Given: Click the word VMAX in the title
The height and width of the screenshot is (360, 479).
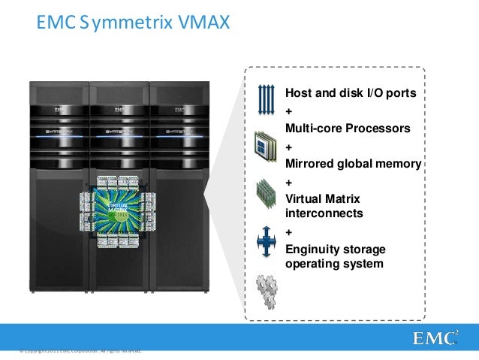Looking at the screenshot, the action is (202, 26).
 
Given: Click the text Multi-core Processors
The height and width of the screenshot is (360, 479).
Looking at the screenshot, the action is (348, 129).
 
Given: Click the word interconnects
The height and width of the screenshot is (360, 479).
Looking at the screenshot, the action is (324, 213).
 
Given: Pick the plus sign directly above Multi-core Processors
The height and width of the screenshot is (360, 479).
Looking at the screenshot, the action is (289, 111).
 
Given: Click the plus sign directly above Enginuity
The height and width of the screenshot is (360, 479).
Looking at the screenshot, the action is (289, 231).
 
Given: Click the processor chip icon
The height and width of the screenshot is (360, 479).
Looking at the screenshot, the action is (267, 144).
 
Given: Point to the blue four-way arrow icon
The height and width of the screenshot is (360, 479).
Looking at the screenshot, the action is (267, 241).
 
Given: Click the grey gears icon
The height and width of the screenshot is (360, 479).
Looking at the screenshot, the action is (267, 289).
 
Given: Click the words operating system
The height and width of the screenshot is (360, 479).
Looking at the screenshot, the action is (334, 264).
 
